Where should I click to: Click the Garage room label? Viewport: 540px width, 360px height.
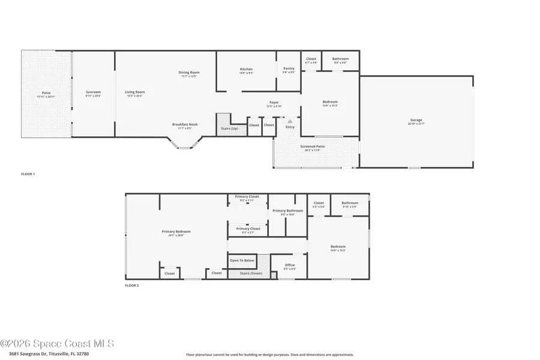(416, 120)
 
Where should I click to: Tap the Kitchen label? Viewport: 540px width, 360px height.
(247, 69)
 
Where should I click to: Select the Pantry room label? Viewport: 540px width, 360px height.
(289, 68)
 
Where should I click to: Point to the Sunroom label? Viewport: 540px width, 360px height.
(93, 92)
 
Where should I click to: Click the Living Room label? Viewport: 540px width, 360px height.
(135, 92)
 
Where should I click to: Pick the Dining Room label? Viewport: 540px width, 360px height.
(188, 73)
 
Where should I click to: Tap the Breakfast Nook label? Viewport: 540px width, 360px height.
(185, 124)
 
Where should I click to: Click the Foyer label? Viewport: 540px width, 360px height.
(274, 103)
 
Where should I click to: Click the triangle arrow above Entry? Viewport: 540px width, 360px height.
(290, 121)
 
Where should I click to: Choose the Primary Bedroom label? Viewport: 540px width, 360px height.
(176, 232)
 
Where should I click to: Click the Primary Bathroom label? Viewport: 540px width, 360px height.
(287, 211)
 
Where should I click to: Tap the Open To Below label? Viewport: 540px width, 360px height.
(242, 260)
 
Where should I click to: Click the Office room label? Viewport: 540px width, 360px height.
(290, 265)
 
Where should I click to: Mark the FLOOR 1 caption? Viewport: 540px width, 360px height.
(28, 174)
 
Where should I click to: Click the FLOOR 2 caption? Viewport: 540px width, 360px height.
(131, 286)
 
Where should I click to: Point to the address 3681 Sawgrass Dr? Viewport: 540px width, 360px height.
(36, 354)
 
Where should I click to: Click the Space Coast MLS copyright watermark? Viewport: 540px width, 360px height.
(57, 344)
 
